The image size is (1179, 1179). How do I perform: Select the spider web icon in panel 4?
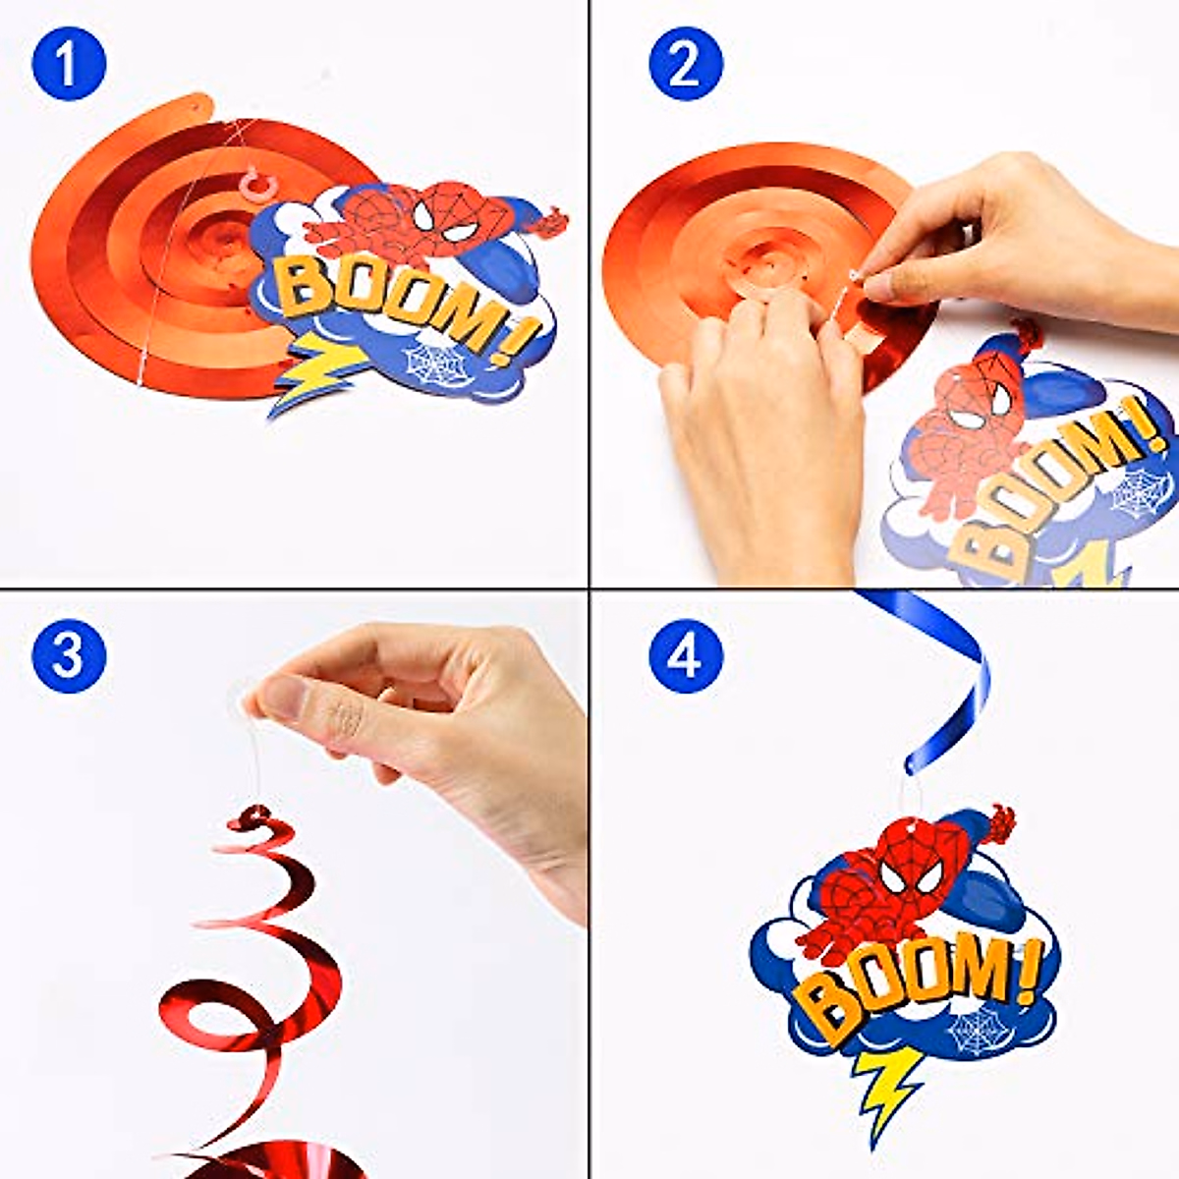[979, 1032]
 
